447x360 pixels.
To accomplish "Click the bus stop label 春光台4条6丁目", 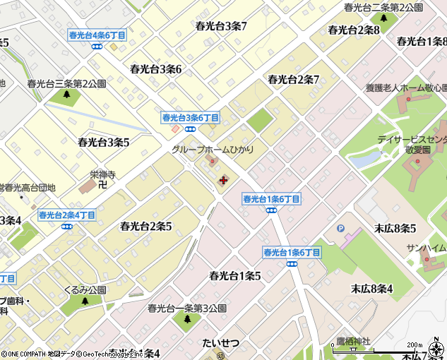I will click(x=97, y=35).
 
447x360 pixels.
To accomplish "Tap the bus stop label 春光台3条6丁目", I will click(x=191, y=118).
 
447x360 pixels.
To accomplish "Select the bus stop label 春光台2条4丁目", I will click(x=67, y=215).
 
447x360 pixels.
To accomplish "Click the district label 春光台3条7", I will click(x=221, y=27).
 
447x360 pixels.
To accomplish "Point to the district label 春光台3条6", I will click(x=156, y=69).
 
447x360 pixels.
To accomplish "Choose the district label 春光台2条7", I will click(x=294, y=80).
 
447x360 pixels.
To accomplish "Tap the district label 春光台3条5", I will click(x=104, y=143).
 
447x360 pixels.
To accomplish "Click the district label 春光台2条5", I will click(x=146, y=227).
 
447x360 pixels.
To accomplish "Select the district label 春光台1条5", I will click(x=235, y=276).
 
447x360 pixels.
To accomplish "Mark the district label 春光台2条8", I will click(x=354, y=30).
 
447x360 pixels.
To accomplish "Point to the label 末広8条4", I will click(x=371, y=288).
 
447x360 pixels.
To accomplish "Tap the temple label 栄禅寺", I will click(x=102, y=174).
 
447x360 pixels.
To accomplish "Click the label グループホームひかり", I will click(x=212, y=150).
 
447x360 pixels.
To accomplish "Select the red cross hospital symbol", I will click(x=223, y=181).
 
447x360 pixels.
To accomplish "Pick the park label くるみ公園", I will click(x=85, y=290).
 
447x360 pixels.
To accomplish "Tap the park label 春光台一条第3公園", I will click(x=187, y=308).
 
